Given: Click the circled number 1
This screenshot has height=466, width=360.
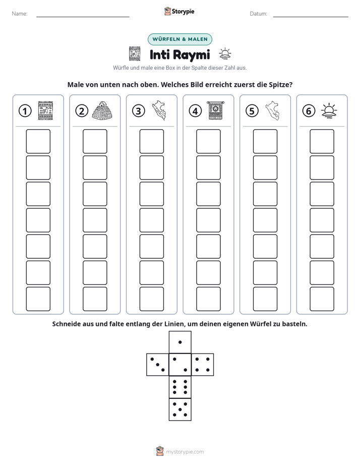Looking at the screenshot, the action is [25, 111].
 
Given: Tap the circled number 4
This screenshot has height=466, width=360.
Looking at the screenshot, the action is [195, 111].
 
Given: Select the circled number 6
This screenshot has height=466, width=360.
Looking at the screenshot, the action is [309, 111].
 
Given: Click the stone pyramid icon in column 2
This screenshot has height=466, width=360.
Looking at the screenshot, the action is [103, 110].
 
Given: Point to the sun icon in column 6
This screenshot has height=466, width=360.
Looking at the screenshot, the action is [329, 110].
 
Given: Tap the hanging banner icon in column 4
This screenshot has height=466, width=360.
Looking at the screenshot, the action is [216, 110].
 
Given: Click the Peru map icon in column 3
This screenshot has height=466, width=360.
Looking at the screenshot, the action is [159, 110].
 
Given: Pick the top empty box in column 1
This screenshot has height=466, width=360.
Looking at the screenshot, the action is [38, 141].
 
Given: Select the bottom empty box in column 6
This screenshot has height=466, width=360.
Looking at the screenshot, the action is [322, 299].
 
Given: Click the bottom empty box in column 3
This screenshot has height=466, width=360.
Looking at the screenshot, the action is [151, 299].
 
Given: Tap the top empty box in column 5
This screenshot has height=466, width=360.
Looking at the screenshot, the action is [265, 141].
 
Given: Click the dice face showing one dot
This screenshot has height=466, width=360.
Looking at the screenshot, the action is [180, 342].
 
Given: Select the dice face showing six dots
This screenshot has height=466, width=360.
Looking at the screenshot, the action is [180, 387].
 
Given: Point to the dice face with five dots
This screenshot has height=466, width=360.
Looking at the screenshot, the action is [180, 410].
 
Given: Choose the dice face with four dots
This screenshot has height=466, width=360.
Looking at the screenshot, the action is [203, 365].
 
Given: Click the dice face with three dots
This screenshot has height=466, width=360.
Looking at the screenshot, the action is [158, 365].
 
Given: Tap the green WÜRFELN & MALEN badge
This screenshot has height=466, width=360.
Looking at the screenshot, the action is [180, 39].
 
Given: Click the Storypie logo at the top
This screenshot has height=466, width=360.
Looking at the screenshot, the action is [179, 11].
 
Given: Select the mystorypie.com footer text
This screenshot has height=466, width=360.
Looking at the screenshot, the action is [185, 452].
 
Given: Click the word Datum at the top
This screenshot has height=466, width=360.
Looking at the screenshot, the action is [259, 14].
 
